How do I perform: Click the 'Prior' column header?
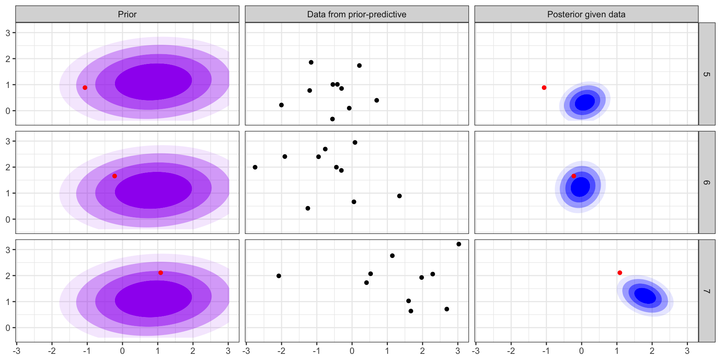tap(127, 14)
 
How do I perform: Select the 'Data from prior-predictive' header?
tap(357, 14)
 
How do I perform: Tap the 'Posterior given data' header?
tap(586, 14)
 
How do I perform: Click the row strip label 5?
tap(707, 74)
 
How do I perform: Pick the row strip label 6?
tap(707, 182)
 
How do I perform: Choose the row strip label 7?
tap(707, 291)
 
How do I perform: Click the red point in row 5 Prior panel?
tap(85, 88)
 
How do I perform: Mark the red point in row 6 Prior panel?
tap(115, 176)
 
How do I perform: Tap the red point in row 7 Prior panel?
tap(161, 273)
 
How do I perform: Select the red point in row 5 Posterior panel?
tap(544, 88)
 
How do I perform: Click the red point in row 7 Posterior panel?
tap(620, 273)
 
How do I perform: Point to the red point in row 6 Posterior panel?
tap(573, 176)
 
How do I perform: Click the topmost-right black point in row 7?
tap(459, 244)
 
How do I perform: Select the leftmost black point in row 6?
tap(255, 167)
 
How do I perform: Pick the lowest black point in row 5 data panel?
tap(332, 119)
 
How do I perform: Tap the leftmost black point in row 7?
tap(279, 276)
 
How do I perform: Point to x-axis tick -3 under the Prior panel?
tap(17, 351)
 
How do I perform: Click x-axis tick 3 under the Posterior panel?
tap(687, 351)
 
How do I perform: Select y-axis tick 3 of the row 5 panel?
tap(8, 33)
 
